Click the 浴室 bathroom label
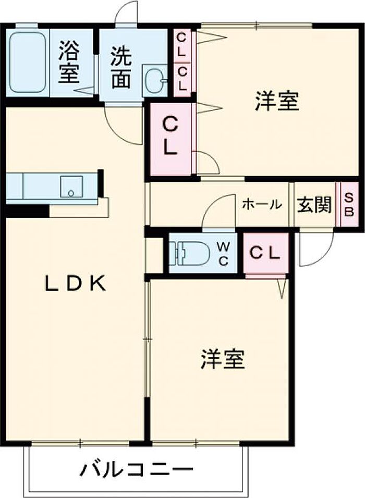click(x=69, y=63)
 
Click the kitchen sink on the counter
click(x=71, y=186)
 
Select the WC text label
click(x=223, y=254)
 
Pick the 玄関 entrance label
click(x=314, y=205)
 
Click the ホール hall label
click(x=262, y=205)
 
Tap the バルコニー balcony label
click(x=136, y=470)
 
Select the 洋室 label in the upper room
click(x=277, y=101)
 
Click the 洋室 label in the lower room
click(x=223, y=359)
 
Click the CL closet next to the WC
click(x=265, y=254)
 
